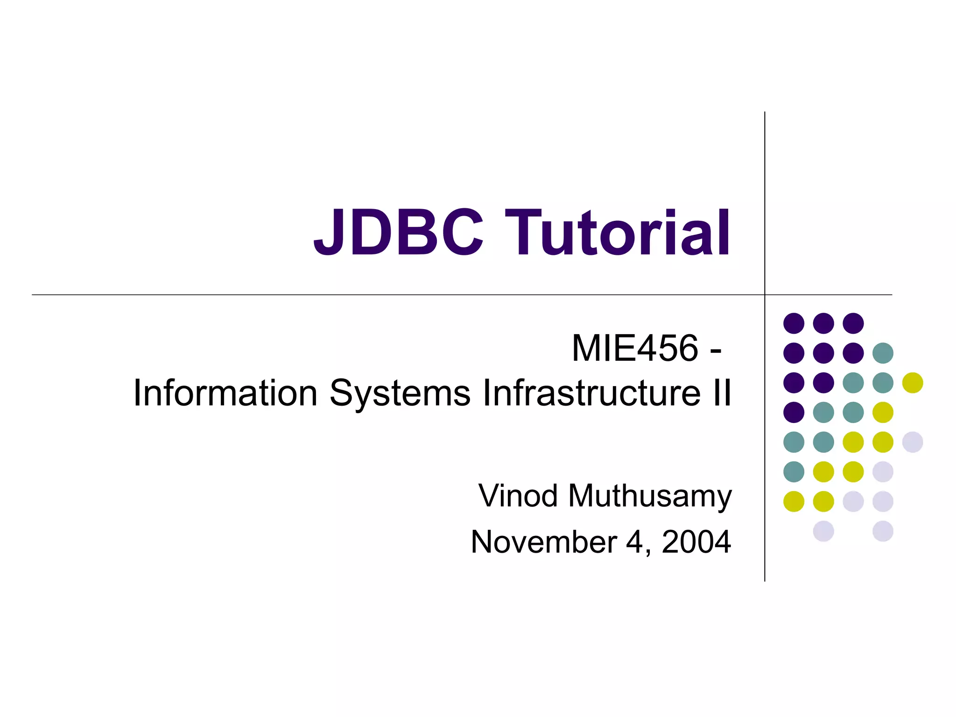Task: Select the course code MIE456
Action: [x=635, y=348]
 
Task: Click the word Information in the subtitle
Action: [x=225, y=393]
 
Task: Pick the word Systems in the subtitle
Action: [x=400, y=393]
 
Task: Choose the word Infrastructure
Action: [x=591, y=393]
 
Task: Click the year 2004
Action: [x=696, y=542]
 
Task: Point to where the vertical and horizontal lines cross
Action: [x=765, y=295]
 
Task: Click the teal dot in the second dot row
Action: [x=883, y=353]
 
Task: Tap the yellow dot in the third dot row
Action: [x=913, y=383]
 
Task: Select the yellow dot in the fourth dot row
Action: [x=883, y=412]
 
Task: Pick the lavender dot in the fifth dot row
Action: [x=913, y=442]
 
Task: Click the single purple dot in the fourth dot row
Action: [x=794, y=412]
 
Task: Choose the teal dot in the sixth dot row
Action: [x=794, y=471]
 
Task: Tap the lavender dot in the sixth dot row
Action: [x=883, y=471]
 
